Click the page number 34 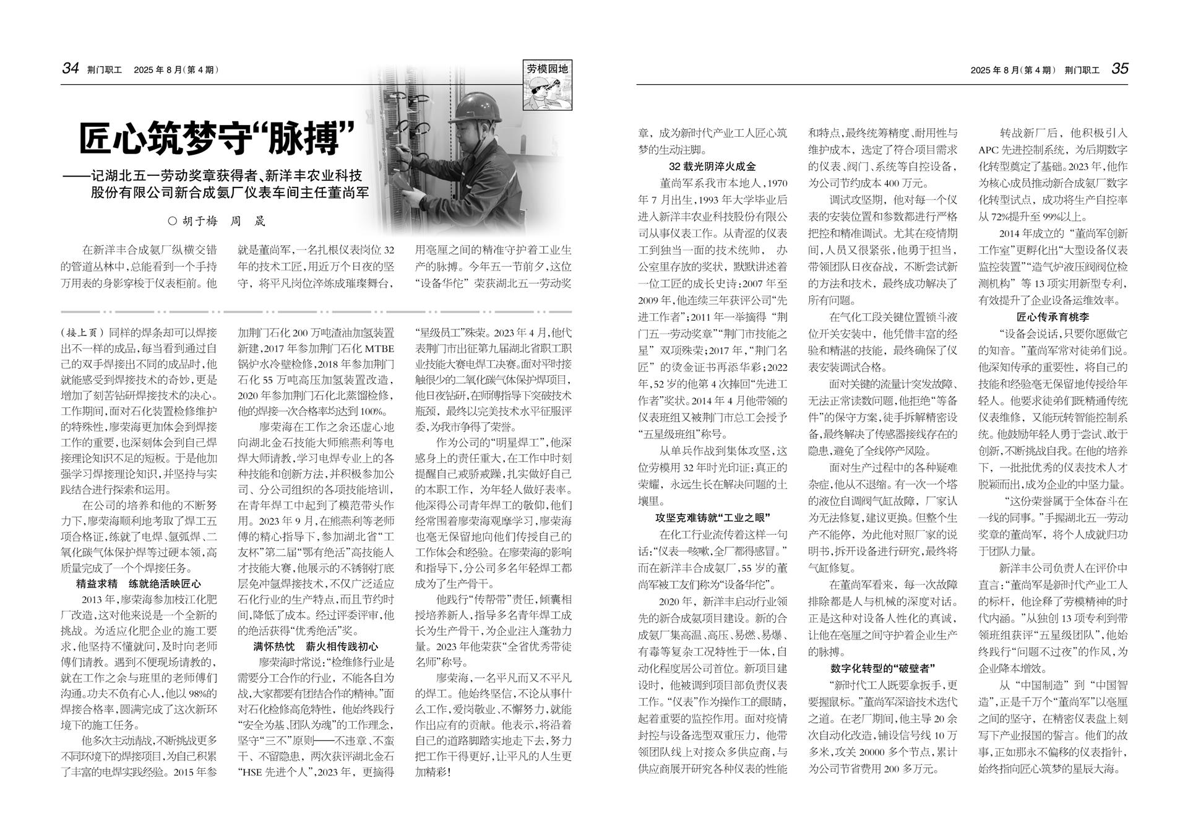click(71, 69)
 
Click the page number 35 click(1120, 69)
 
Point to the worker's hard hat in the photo click(478, 107)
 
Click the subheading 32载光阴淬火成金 click(712, 167)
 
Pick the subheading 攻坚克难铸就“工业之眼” click(712, 517)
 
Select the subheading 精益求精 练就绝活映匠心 click(139, 584)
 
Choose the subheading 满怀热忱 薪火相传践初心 click(316, 646)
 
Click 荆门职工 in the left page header click(105, 70)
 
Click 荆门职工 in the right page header click(1082, 70)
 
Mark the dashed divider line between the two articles click(316, 311)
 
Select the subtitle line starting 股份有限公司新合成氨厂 click(230, 193)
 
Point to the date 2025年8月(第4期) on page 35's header click(1013, 70)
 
